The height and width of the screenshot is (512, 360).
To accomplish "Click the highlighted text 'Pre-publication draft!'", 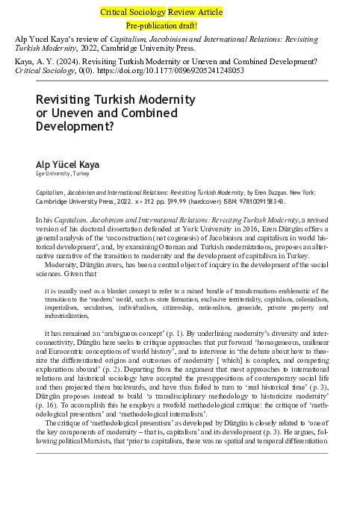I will [179, 25].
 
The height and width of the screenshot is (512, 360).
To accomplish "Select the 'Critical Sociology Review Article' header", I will [179, 13].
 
